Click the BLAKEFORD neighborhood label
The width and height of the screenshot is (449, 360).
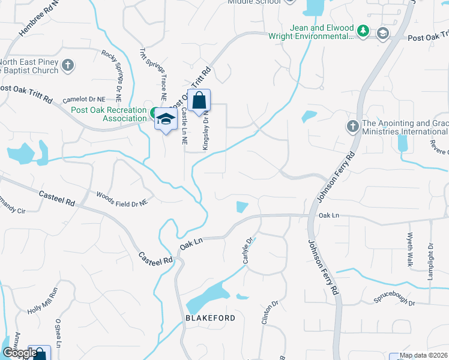(x=210, y=317)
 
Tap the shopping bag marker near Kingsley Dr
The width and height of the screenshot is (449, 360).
(x=199, y=101)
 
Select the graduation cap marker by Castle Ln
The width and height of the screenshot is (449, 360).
(x=166, y=121)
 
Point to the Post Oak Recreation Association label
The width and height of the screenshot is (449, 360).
(x=109, y=114)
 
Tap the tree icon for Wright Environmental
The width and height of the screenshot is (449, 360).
(x=363, y=31)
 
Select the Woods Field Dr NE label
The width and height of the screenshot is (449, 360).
(x=122, y=199)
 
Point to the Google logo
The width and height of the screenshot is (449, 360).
(x=19, y=353)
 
